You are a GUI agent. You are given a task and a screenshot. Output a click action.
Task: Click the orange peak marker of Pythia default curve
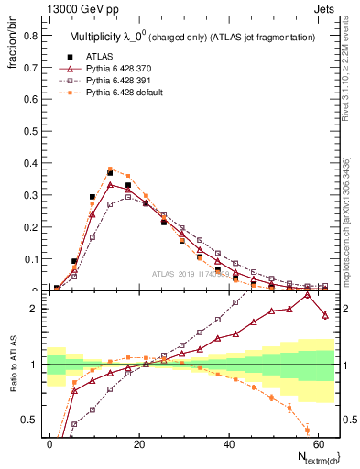point(110,169)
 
